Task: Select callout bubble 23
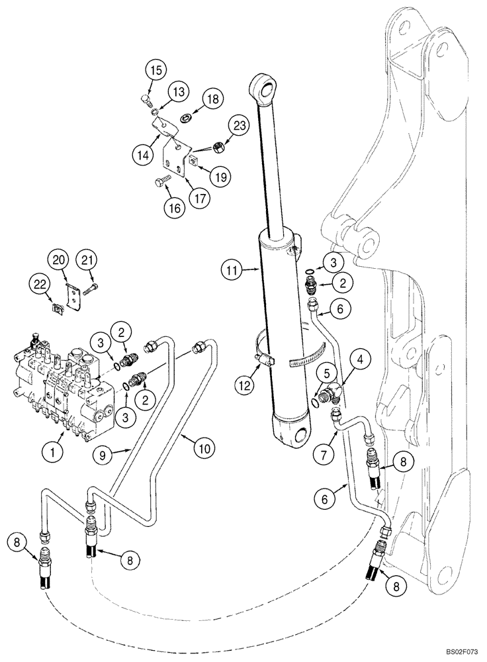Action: (240, 124)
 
